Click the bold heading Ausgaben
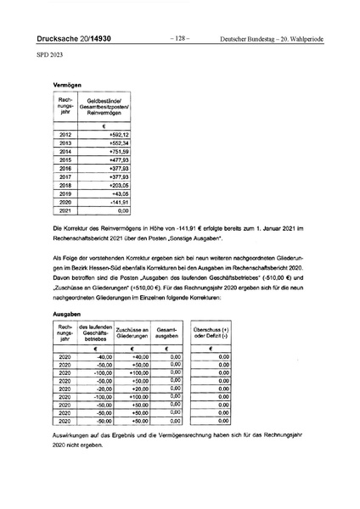point(67,313)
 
